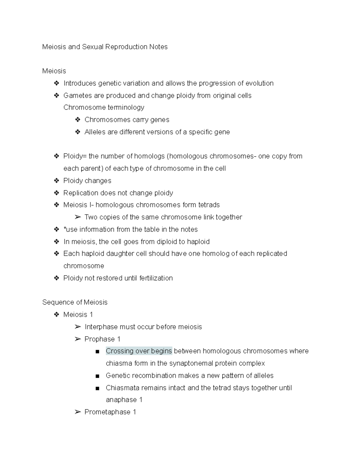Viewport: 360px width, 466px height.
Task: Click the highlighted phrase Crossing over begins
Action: click(139, 351)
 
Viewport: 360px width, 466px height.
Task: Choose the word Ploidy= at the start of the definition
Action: click(75, 156)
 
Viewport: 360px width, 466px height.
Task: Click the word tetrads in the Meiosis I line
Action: click(209, 205)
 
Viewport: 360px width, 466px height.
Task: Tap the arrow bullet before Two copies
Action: click(78, 217)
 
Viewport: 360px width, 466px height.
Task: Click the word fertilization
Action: click(156, 278)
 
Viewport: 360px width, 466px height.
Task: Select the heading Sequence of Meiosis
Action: click(75, 302)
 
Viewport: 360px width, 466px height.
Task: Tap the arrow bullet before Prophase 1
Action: click(78, 339)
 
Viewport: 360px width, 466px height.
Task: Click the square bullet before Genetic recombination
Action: click(97, 376)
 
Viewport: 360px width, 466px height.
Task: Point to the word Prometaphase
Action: click(107, 412)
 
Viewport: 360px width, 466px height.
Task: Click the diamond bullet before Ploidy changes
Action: click(56, 181)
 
